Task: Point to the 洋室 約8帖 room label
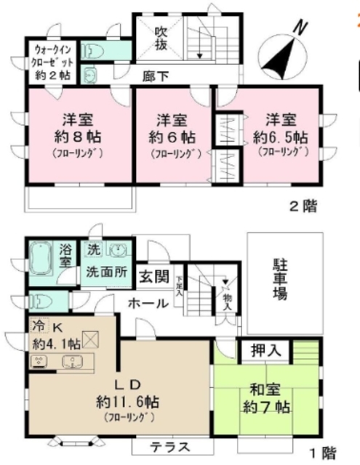(x=76, y=127)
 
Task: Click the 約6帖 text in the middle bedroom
(x=172, y=136)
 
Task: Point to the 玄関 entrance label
(x=153, y=277)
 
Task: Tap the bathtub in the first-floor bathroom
(x=42, y=256)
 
